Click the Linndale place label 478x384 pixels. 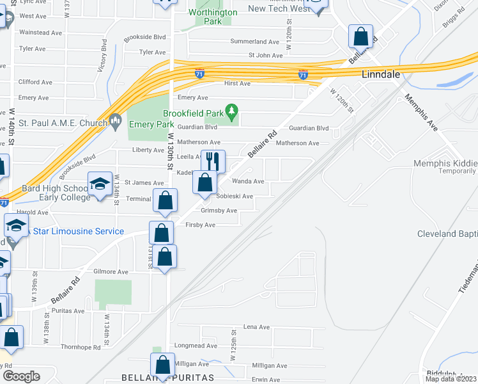tap(381, 74)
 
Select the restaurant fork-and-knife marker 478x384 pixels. tap(213, 161)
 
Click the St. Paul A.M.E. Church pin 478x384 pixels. tap(116, 119)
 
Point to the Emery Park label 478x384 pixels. tap(151, 125)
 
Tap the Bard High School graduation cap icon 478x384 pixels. tap(100, 184)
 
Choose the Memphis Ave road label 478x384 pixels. tap(421, 112)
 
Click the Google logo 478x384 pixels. tap(21, 376)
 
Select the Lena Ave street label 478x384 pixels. tap(256, 327)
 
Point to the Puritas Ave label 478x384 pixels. tap(69, 311)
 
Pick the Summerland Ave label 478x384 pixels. tap(255, 42)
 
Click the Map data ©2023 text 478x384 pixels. tap(451, 379)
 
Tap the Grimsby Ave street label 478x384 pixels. tap(219, 211)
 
